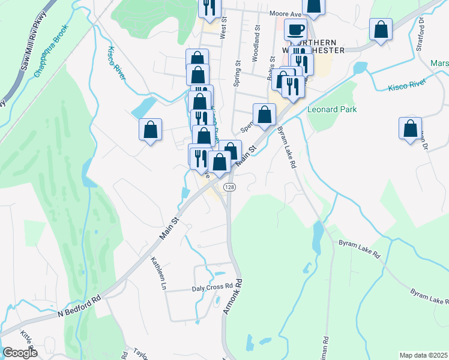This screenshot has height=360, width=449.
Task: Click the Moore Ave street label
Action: [285, 13]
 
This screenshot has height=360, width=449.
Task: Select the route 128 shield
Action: [229, 188]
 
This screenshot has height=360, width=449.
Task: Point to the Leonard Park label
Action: [332, 110]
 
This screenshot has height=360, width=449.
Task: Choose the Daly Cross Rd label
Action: [211, 287]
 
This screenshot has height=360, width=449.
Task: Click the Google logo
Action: [20, 353]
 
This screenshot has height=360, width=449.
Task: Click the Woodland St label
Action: [256, 43]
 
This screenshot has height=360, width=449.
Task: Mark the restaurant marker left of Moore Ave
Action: [210, 7]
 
